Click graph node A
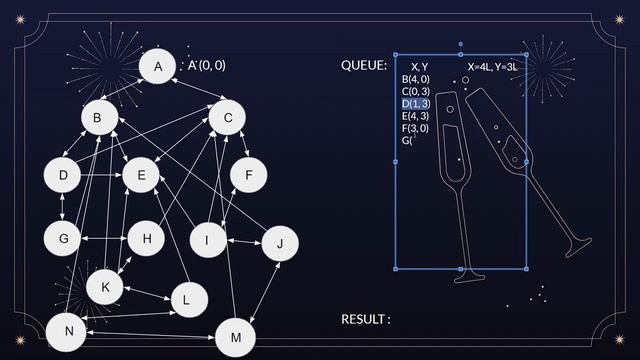pyautogui.click(x=157, y=67)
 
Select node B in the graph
pyautogui.click(x=98, y=119)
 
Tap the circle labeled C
pyautogui.click(x=228, y=119)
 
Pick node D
pyautogui.click(x=63, y=176)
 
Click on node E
pyautogui.click(x=142, y=176)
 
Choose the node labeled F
pyautogui.click(x=248, y=176)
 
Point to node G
pyautogui.click(x=63, y=239)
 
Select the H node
pyautogui.click(x=146, y=239)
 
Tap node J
pyautogui.click(x=280, y=244)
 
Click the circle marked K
pyautogui.click(x=104, y=287)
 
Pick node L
pyautogui.click(x=187, y=299)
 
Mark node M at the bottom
pyautogui.click(x=235, y=338)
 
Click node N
pyautogui.click(x=66, y=332)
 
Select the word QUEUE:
pyautogui.click(x=364, y=66)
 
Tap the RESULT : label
pyautogui.click(x=365, y=319)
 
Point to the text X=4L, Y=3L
pyautogui.click(x=492, y=66)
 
